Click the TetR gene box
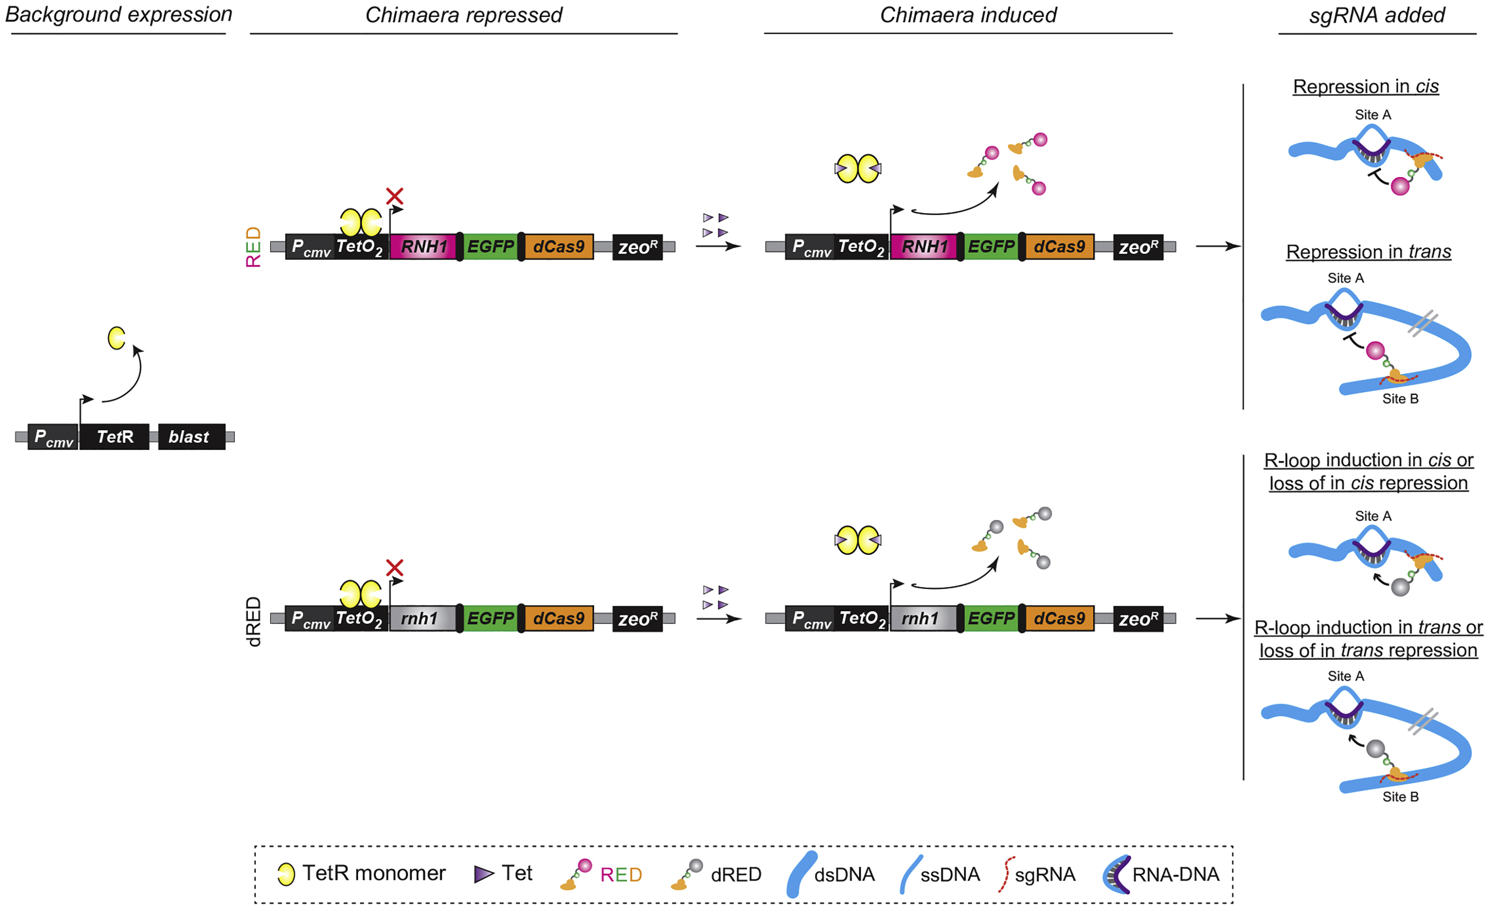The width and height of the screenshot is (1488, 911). click(x=114, y=436)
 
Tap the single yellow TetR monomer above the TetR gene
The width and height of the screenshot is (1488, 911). click(x=116, y=338)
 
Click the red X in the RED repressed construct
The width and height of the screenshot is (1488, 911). click(x=394, y=196)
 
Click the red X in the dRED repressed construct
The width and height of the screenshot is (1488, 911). click(x=394, y=567)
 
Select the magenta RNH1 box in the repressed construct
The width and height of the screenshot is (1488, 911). click(x=423, y=246)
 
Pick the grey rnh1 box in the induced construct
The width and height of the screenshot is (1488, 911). click(x=922, y=618)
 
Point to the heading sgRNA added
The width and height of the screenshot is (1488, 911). click(x=1376, y=15)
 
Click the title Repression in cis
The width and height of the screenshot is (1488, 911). click(x=1365, y=86)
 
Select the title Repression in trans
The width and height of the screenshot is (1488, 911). click(x=1368, y=251)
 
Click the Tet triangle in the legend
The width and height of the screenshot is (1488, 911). click(x=483, y=873)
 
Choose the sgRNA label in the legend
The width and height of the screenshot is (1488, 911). click(x=1045, y=874)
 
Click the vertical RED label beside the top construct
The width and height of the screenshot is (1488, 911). click(x=254, y=246)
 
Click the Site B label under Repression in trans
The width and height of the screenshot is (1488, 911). click(x=1400, y=399)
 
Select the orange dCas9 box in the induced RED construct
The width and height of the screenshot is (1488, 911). click(x=1059, y=246)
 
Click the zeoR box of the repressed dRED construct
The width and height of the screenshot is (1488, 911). click(x=637, y=618)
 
